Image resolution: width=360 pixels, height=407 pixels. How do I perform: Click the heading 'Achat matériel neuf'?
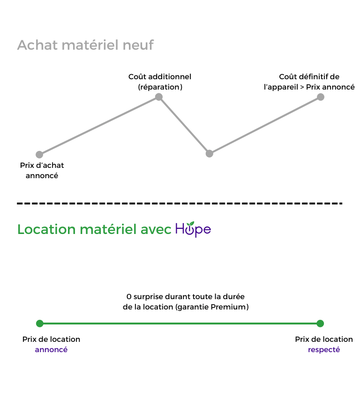coord(85,45)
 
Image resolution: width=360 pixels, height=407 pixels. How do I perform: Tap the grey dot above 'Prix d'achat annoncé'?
coord(39,154)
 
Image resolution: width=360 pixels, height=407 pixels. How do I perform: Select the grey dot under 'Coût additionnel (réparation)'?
coord(159,97)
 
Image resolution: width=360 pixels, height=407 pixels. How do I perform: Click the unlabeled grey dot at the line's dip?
coord(210,153)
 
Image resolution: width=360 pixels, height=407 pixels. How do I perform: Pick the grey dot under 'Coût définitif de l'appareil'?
coord(321,97)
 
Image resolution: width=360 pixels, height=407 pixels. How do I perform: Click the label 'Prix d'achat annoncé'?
coord(42,171)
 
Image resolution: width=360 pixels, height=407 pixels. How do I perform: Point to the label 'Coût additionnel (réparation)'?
coord(160,82)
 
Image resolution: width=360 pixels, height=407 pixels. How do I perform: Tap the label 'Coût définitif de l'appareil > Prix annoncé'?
coord(309,82)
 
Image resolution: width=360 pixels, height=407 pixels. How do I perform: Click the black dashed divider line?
coord(180,203)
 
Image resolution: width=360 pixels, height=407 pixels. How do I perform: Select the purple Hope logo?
coord(193,229)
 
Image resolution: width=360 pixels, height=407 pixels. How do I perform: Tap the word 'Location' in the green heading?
coord(46,229)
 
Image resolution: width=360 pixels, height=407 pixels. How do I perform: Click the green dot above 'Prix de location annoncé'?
coord(40,323)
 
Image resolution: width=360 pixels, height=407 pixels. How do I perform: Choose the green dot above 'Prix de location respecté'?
coord(320,323)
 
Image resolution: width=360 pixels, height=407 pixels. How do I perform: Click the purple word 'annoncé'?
coord(51,350)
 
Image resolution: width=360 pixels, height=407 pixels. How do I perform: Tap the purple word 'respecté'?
coord(323,350)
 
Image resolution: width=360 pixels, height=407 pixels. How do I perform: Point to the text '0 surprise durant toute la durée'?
coord(186,297)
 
